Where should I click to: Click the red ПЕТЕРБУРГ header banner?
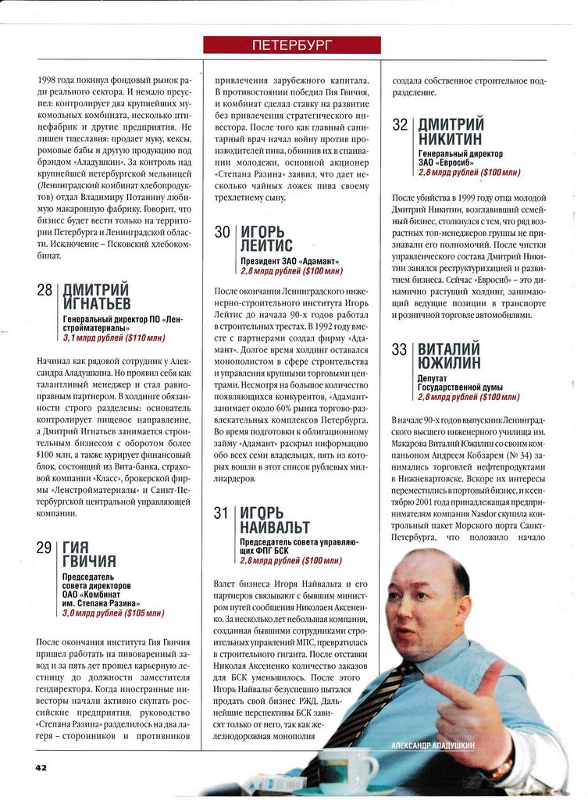pos(292,45)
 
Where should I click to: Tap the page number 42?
pos(41,767)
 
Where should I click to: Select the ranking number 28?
pos(45,291)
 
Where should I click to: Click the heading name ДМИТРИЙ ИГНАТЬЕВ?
pos(96,297)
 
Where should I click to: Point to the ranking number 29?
pos(45,548)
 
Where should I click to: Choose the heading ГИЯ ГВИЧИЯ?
pos(89,554)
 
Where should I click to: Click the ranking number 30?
pos(223,231)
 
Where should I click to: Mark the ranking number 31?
pos(222,513)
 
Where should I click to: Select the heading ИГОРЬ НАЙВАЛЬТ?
pos(274,520)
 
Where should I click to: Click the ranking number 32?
pos(400,125)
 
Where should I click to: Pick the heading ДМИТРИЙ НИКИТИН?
pos(451,131)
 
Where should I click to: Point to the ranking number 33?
pos(400,349)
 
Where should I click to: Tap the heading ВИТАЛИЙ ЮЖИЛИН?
pos(448,355)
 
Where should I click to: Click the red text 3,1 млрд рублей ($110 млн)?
pos(114,337)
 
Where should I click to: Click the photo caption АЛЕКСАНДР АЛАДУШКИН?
pos(432,746)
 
